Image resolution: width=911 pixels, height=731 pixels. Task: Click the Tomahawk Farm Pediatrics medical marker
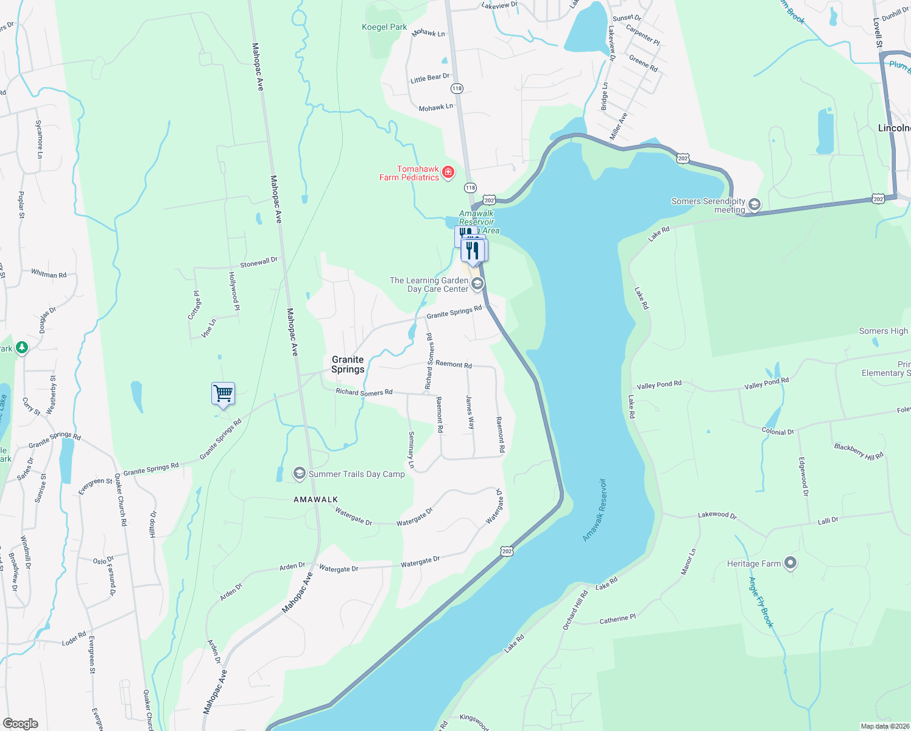click(448, 172)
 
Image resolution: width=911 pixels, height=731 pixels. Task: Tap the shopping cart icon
click(223, 394)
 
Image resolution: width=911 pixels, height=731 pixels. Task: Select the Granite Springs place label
click(348, 364)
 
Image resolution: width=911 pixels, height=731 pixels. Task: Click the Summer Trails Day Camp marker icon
click(299, 473)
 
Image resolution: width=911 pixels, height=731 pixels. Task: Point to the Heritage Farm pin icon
click(790, 563)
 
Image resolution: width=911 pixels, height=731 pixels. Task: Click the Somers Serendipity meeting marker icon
click(754, 205)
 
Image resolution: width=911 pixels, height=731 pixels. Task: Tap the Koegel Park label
click(384, 27)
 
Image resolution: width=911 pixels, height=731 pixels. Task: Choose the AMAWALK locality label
click(315, 500)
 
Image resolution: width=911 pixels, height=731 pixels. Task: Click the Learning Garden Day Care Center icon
click(477, 284)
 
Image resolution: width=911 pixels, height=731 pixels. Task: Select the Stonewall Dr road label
click(259, 263)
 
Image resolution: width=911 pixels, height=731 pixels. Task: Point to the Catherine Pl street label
click(617, 619)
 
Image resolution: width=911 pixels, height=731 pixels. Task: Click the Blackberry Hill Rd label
click(859, 451)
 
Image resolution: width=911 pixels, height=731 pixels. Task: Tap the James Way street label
click(470, 412)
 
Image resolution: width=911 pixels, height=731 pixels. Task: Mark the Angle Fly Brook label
click(761, 602)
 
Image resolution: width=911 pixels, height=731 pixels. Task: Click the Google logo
click(21, 723)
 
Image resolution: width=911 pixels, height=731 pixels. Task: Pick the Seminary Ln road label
click(412, 450)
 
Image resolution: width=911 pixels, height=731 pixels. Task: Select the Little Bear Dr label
click(430, 78)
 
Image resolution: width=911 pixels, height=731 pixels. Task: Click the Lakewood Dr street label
click(717, 515)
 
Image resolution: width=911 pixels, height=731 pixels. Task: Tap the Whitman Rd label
click(49, 274)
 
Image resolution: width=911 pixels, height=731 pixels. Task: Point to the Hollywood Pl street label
click(234, 291)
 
